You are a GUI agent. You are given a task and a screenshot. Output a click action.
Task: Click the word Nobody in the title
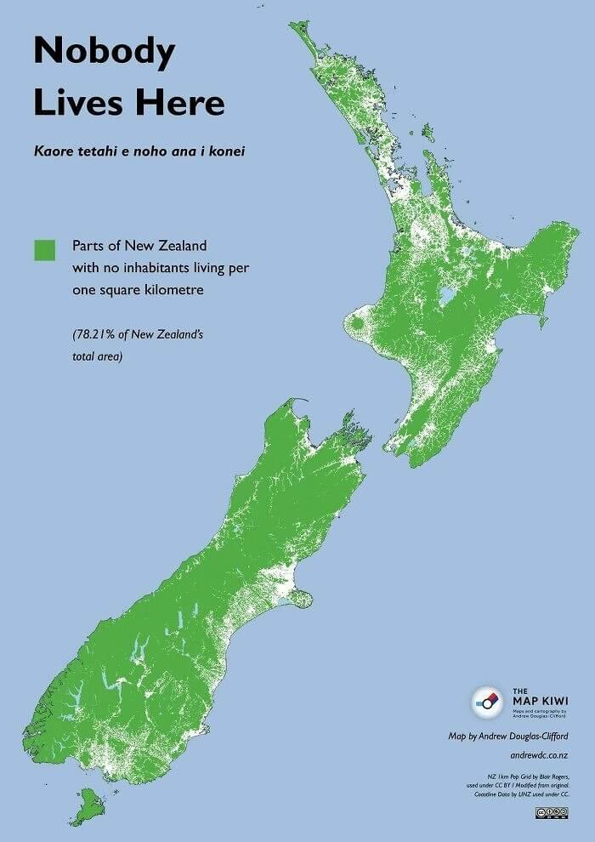click(x=104, y=53)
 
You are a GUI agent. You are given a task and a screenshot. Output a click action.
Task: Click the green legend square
click(x=44, y=250)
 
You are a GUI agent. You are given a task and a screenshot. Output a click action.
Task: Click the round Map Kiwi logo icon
click(x=487, y=702)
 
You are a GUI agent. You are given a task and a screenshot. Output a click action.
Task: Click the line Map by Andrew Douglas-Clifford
click(x=509, y=735)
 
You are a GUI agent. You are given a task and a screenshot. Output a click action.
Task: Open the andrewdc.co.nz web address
click(x=540, y=755)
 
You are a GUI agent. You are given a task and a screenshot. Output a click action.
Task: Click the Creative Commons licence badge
click(x=552, y=813)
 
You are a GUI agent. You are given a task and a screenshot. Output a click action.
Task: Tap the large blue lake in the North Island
click(x=445, y=298)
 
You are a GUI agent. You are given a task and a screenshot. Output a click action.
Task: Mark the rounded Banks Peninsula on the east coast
click(x=299, y=598)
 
